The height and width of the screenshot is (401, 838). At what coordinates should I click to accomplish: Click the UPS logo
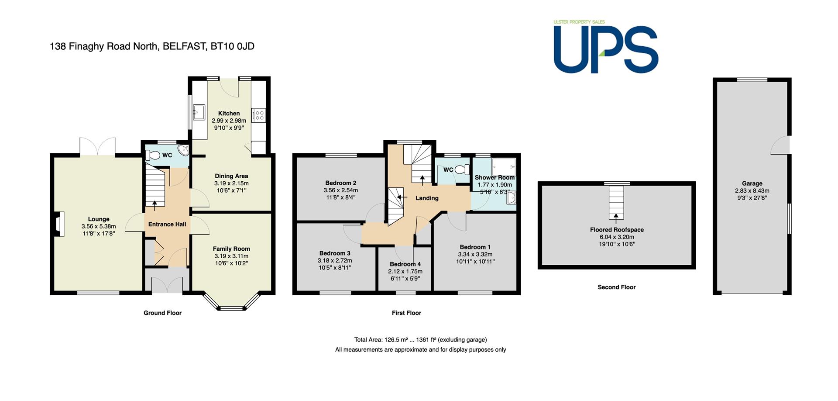[x=606, y=46]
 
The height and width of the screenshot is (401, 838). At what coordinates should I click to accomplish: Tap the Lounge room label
[x=99, y=219]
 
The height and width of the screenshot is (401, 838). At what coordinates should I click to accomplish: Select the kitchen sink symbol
[x=199, y=112]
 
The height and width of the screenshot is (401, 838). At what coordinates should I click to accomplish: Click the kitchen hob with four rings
[x=259, y=115]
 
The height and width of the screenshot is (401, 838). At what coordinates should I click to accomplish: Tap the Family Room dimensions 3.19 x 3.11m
[x=231, y=256]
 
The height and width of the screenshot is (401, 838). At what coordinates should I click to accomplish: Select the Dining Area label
[x=231, y=176]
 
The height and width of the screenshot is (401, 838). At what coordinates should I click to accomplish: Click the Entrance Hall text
[x=167, y=224]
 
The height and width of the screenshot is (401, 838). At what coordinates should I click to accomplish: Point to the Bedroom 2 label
[x=341, y=183]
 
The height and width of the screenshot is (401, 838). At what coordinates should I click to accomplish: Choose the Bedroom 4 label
[x=405, y=264]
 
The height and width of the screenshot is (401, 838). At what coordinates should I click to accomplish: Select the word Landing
[x=427, y=198]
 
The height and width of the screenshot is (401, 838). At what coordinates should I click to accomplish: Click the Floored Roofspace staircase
[x=616, y=202]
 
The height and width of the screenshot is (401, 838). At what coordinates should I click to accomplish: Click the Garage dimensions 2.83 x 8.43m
[x=752, y=191]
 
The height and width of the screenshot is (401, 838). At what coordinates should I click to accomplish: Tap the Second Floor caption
[x=617, y=287]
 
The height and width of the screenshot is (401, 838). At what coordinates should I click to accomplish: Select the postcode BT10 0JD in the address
[x=232, y=46]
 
